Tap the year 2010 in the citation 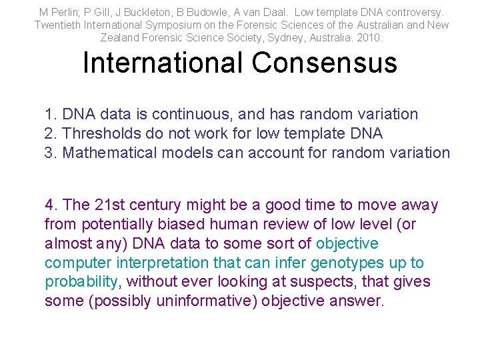[370, 38]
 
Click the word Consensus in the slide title [324, 63]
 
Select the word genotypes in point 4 [349, 263]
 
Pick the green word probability [81, 282]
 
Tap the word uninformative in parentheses [209, 301]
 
